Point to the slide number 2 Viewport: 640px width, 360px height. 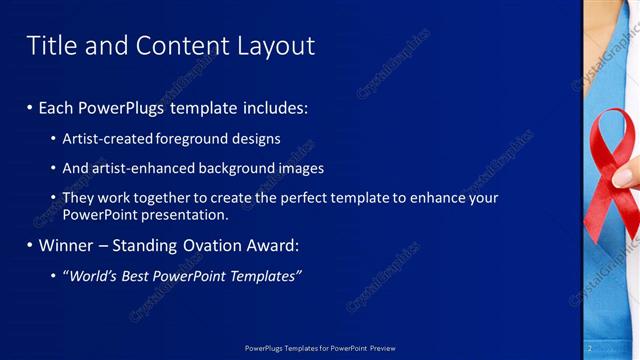coord(591,347)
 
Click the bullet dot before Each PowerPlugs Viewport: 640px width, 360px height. coord(30,107)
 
